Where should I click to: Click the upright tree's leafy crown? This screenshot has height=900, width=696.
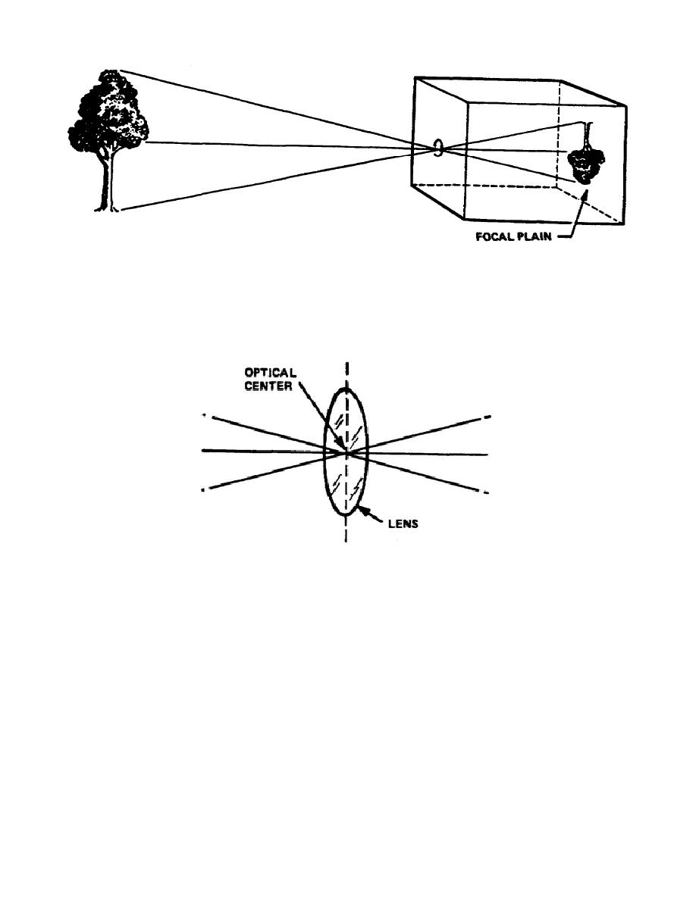click(108, 112)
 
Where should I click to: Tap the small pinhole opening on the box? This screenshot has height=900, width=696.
click(439, 147)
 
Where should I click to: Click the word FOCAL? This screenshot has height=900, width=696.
click(495, 236)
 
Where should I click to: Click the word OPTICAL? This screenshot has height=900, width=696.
click(271, 373)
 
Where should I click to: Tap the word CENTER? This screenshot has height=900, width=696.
click(268, 386)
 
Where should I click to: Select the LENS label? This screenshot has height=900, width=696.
click(403, 523)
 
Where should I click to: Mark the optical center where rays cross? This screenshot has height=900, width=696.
click(346, 452)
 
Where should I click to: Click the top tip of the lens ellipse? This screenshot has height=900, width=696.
click(346, 388)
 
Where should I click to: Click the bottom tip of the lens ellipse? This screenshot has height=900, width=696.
click(346, 515)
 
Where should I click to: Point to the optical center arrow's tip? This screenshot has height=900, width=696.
click(343, 448)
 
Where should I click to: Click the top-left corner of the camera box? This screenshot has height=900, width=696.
click(414, 77)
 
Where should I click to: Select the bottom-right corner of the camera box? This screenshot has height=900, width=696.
click(624, 223)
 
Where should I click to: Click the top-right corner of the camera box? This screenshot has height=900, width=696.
click(626, 105)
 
